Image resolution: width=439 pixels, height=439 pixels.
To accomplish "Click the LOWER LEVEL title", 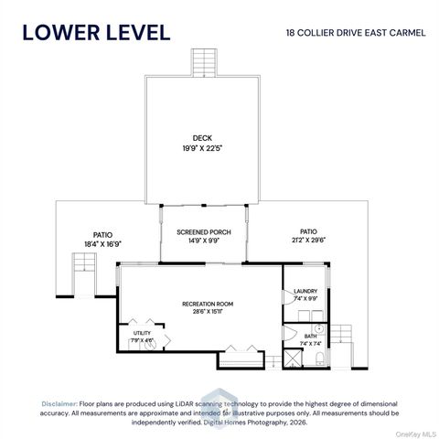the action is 96,33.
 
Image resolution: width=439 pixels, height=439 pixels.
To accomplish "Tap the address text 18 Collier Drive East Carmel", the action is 356,33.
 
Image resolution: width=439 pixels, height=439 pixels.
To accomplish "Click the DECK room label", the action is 202,138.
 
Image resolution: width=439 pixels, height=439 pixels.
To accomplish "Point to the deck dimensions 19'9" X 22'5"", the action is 202,148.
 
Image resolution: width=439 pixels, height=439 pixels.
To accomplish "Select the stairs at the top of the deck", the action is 204,62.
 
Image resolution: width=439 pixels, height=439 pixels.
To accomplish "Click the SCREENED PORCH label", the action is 204,232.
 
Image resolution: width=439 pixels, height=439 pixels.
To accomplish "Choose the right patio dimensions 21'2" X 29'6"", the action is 308,240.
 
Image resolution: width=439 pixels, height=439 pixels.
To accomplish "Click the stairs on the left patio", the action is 84,262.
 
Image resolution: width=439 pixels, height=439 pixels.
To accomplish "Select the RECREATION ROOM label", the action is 208,304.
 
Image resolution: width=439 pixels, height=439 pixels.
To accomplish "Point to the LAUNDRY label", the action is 305,291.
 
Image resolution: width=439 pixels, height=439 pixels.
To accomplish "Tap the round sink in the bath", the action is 318,329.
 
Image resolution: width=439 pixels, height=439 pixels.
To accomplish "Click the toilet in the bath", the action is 319,359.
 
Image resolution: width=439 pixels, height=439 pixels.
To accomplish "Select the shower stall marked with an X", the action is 293,359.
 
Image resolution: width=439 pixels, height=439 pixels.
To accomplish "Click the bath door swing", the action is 290,333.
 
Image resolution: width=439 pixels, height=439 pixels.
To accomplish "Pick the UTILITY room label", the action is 142,333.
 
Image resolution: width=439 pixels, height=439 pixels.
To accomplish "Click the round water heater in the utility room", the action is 150,345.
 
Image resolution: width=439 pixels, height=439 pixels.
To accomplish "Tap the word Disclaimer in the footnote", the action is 59,404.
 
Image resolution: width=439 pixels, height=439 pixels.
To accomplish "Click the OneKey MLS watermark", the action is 417,434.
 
